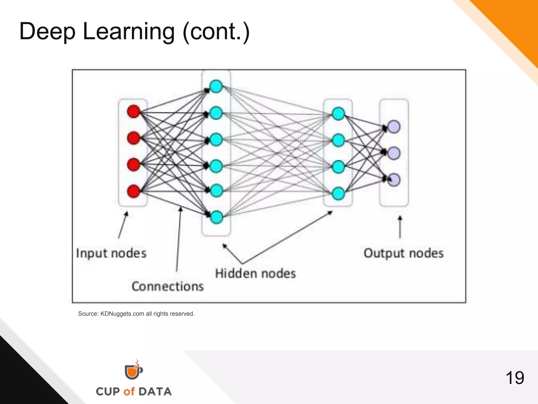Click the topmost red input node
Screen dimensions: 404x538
pos(133,111)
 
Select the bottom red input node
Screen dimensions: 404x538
pos(133,191)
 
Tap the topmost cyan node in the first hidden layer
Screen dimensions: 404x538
pos(216,87)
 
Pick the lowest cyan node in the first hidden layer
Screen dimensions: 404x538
pos(216,217)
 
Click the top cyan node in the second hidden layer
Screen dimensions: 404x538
pos(338,114)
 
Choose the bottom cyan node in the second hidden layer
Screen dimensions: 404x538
pos(338,194)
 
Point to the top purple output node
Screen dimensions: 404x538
pos(394,127)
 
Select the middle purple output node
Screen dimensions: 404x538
pos(394,153)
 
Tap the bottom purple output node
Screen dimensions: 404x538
pos(394,180)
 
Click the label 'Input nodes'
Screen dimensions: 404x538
pos(111,253)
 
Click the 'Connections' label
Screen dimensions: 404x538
pos(168,286)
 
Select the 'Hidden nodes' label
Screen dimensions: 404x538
pos(255,274)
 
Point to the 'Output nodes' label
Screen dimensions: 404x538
pos(403,253)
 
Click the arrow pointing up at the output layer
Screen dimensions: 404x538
pos(400,227)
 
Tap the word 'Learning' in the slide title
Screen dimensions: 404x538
pos(128,32)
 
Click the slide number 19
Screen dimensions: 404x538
pos(515,378)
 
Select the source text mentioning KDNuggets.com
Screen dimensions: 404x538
pos(136,314)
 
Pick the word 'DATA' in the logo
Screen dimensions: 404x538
pos(155,392)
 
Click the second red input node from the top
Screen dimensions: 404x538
pos(133,138)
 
